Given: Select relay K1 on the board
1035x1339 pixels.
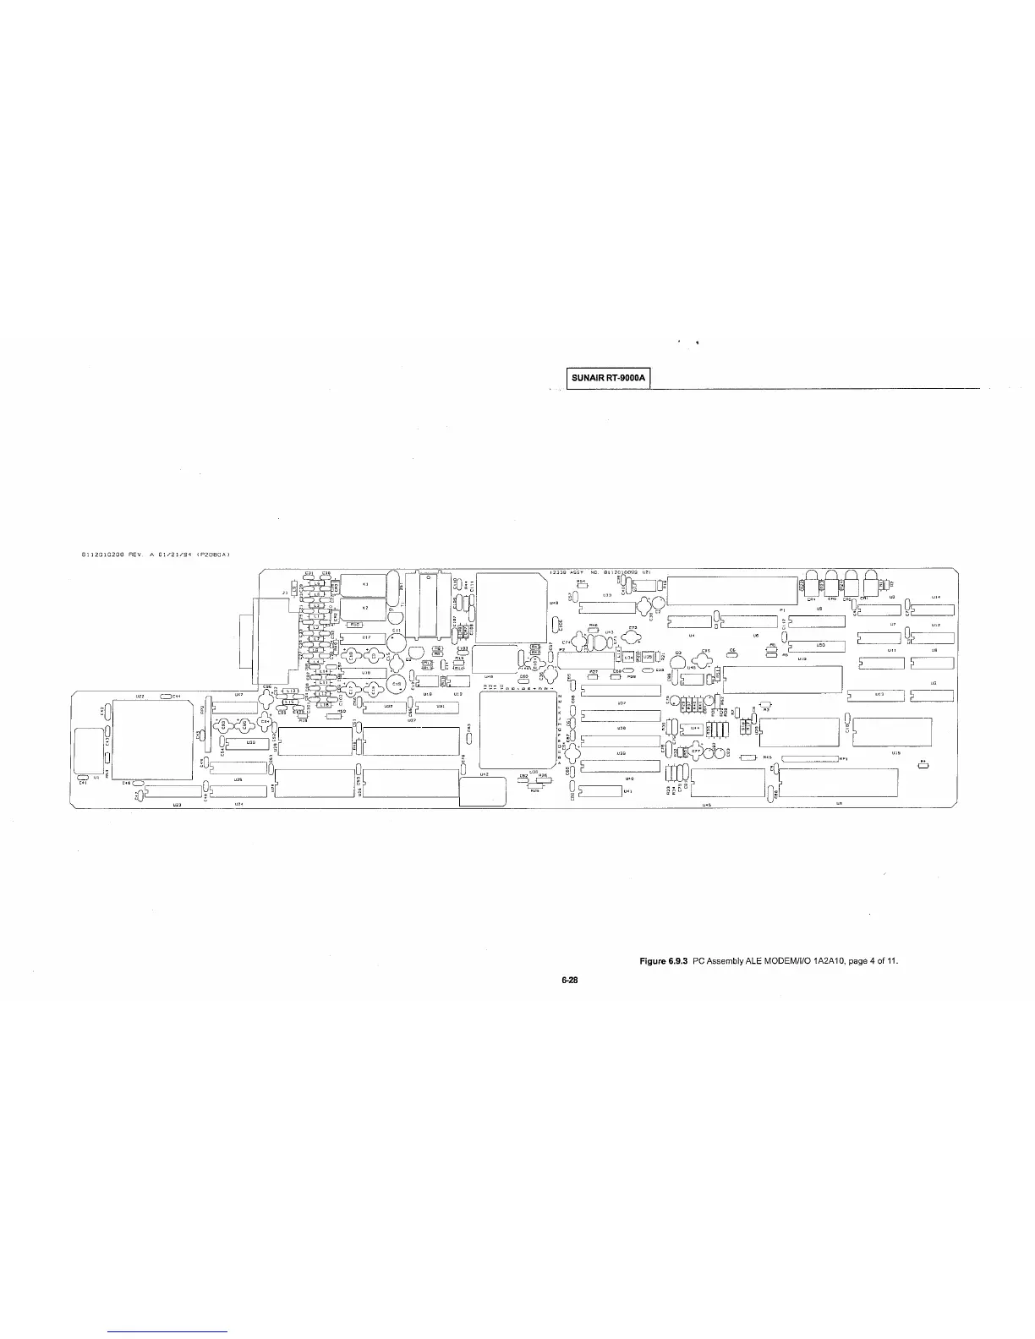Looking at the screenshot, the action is tap(364, 584).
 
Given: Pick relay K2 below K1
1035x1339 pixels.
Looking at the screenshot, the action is tap(364, 608).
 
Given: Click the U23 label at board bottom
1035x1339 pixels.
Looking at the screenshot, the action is tap(178, 804).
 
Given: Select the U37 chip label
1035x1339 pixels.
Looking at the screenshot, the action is tap(621, 702).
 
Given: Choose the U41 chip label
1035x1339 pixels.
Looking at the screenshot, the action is tap(627, 791).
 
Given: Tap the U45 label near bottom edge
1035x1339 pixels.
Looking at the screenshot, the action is tap(706, 805).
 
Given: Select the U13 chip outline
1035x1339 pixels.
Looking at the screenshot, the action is tap(879, 694).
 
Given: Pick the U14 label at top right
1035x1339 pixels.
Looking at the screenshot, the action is tap(935, 598).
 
